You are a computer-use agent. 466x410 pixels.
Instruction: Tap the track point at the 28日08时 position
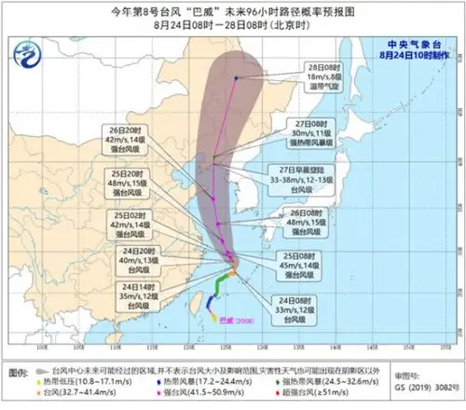tap(237, 78)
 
